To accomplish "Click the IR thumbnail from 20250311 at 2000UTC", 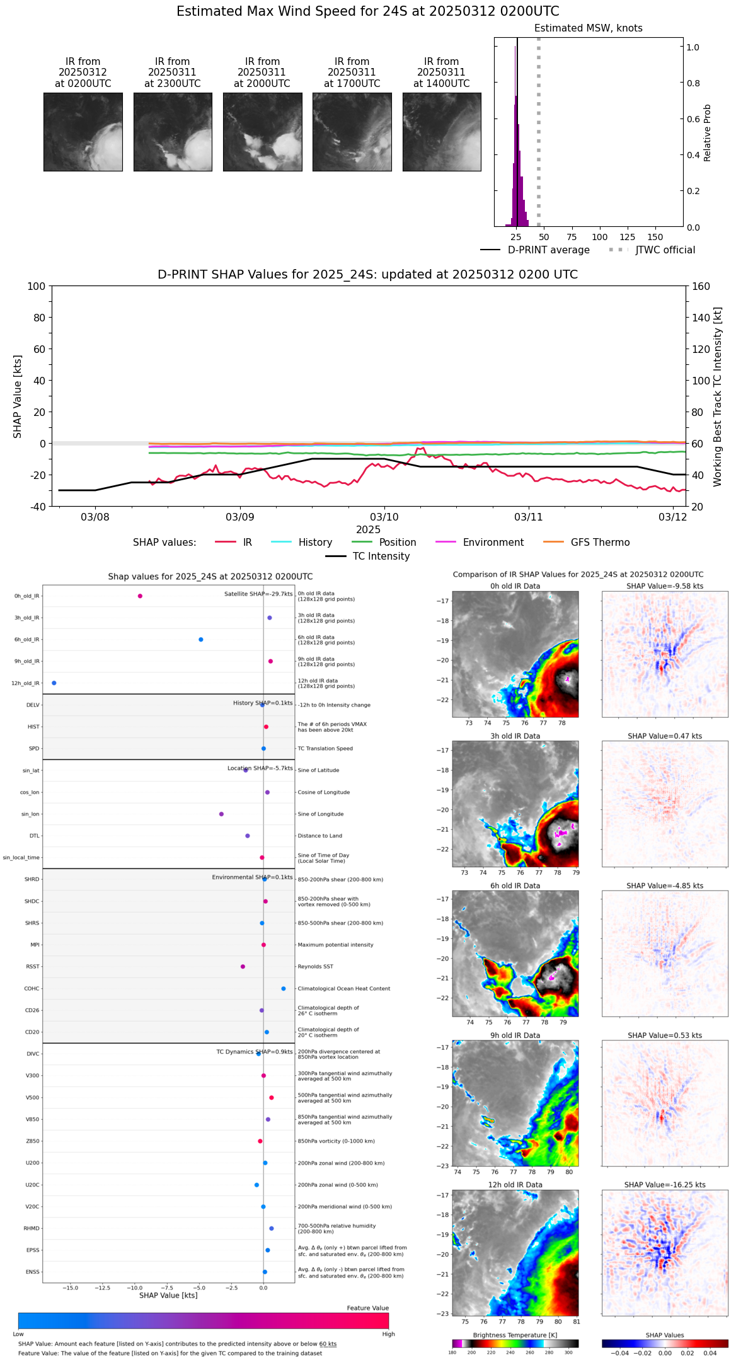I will point(262,132).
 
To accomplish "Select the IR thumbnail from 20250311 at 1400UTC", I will point(442,132).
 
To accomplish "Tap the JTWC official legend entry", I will point(665,250).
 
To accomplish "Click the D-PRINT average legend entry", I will point(548,250).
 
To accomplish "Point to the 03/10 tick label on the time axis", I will point(384,517).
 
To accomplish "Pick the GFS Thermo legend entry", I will point(600,543).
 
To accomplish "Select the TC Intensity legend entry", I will point(381,556).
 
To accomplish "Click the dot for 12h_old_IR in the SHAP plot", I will point(54,683).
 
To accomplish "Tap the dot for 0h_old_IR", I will point(140,596).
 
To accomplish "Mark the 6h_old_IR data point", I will point(201,640).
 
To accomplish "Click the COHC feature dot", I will point(284,989).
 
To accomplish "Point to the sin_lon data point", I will point(221,814).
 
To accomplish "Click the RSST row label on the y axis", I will point(33,967).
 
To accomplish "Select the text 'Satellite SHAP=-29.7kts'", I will point(258,594).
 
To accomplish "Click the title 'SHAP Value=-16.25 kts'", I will point(665,1185).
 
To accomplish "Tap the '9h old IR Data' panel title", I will point(515,1035).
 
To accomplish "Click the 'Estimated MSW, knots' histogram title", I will point(588,28).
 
